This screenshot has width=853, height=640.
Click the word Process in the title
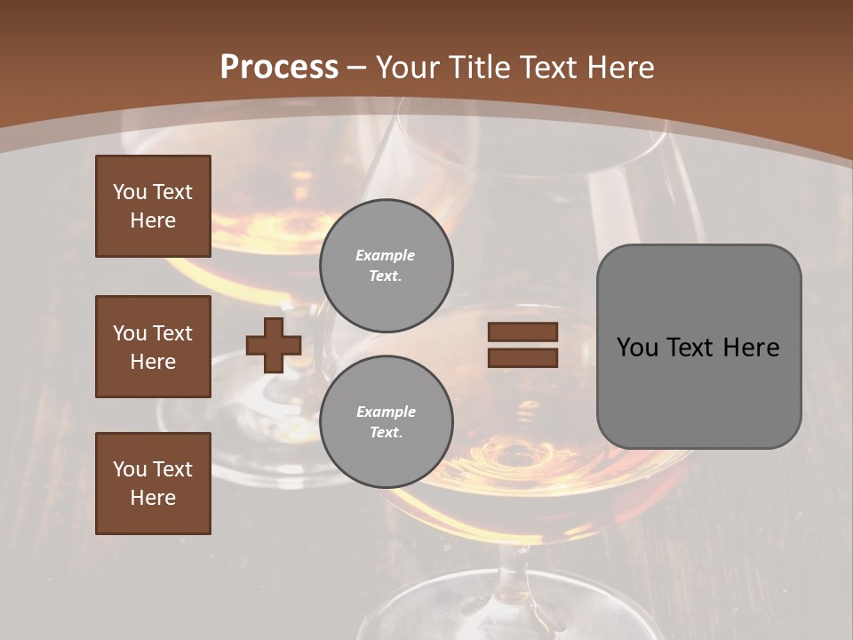pos(279,68)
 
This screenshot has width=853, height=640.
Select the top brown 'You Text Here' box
pos(153,206)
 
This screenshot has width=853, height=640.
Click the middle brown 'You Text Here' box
pos(153,347)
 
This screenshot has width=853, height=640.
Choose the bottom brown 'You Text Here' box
pos(153,484)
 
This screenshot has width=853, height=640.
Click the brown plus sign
pos(274,346)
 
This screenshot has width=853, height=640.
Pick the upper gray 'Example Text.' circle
pos(386,266)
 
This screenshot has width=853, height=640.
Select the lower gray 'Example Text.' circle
pos(386,422)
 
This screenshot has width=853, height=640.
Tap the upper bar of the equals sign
pos(522,332)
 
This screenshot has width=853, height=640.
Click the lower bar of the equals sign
pos(522,357)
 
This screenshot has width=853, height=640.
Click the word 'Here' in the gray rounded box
pos(751,348)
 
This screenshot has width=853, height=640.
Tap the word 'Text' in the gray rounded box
pos(690,348)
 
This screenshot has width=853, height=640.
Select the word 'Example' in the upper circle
pos(386,256)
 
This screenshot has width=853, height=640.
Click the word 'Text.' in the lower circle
pos(386,433)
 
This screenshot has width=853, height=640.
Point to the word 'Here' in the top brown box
pos(153,220)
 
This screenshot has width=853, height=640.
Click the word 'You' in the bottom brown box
pos(130,468)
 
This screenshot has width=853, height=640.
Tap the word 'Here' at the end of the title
pos(620,68)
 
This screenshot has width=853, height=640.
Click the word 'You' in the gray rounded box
pos(637,348)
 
